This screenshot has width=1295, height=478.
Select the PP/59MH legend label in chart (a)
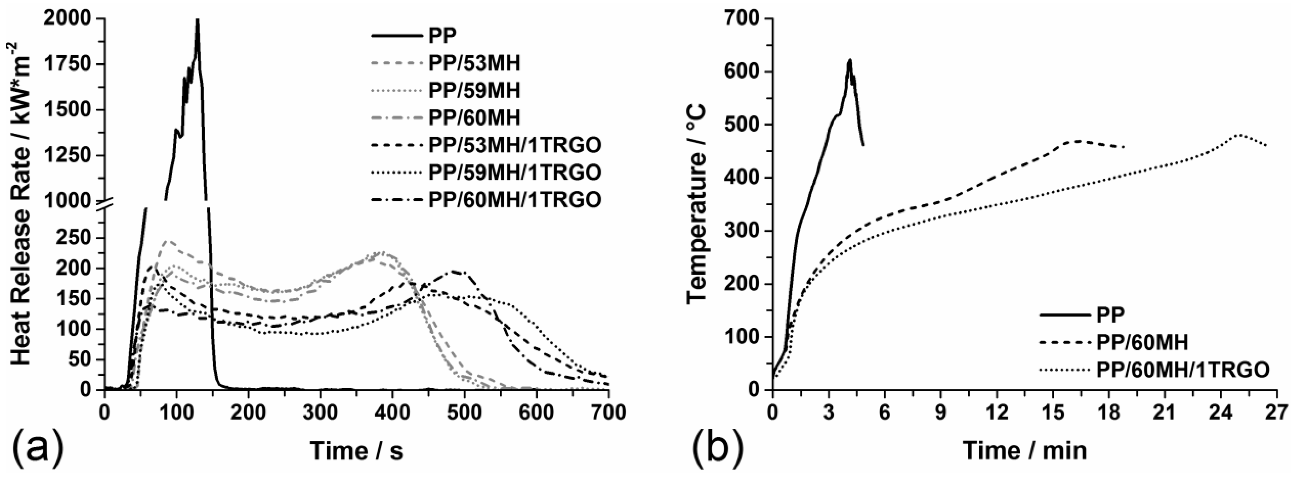(474, 90)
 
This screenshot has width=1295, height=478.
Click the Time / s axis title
(356, 451)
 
